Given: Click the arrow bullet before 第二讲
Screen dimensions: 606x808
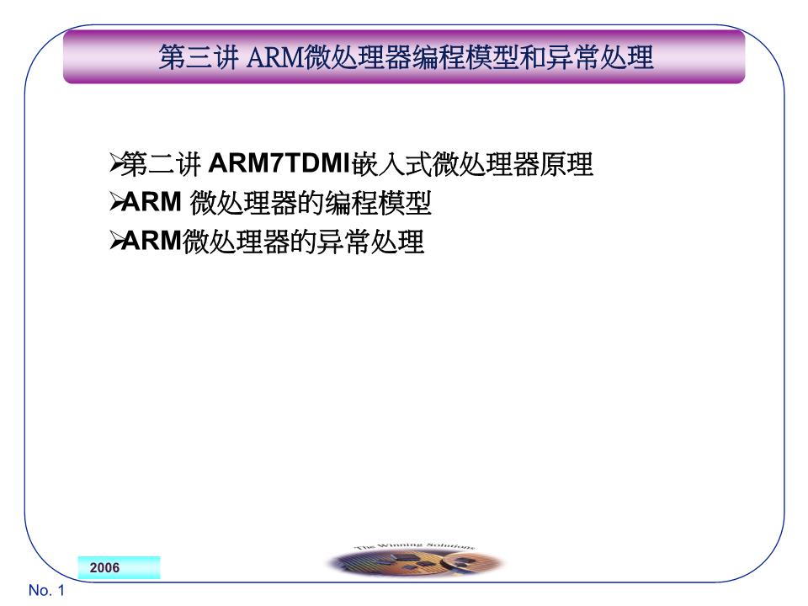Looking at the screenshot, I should tap(116, 164).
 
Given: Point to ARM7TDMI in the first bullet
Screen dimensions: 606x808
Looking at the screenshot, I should tap(279, 164).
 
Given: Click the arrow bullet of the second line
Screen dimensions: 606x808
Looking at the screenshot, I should tap(116, 204).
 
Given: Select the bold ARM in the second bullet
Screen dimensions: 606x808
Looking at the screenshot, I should tap(152, 204).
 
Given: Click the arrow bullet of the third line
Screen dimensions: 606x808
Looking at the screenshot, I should tap(116, 242).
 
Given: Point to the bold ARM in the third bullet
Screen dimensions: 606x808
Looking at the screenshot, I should tap(152, 242).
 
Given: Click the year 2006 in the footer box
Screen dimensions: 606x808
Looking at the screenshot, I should tap(105, 568).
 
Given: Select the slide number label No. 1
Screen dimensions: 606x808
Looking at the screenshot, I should tap(46, 591).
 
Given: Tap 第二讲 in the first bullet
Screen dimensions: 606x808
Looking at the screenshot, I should tap(162, 164).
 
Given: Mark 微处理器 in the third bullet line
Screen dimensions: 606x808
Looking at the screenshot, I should tap(237, 242).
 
